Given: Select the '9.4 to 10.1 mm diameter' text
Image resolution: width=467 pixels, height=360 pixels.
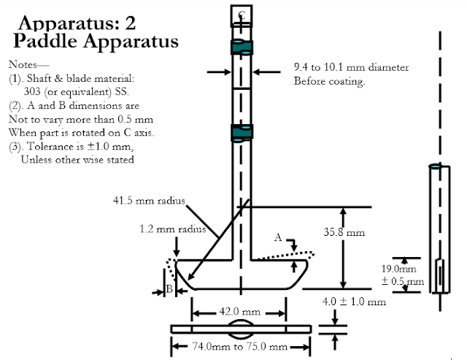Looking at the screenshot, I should coord(351,68).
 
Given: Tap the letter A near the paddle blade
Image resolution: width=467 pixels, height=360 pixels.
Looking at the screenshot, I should coord(278,237).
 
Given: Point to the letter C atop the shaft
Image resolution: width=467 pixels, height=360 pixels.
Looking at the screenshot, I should coord(242,15).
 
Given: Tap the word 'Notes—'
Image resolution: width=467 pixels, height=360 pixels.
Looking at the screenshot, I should coord(24,64).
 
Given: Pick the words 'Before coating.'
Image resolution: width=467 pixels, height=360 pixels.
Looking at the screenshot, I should coord(328,81).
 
